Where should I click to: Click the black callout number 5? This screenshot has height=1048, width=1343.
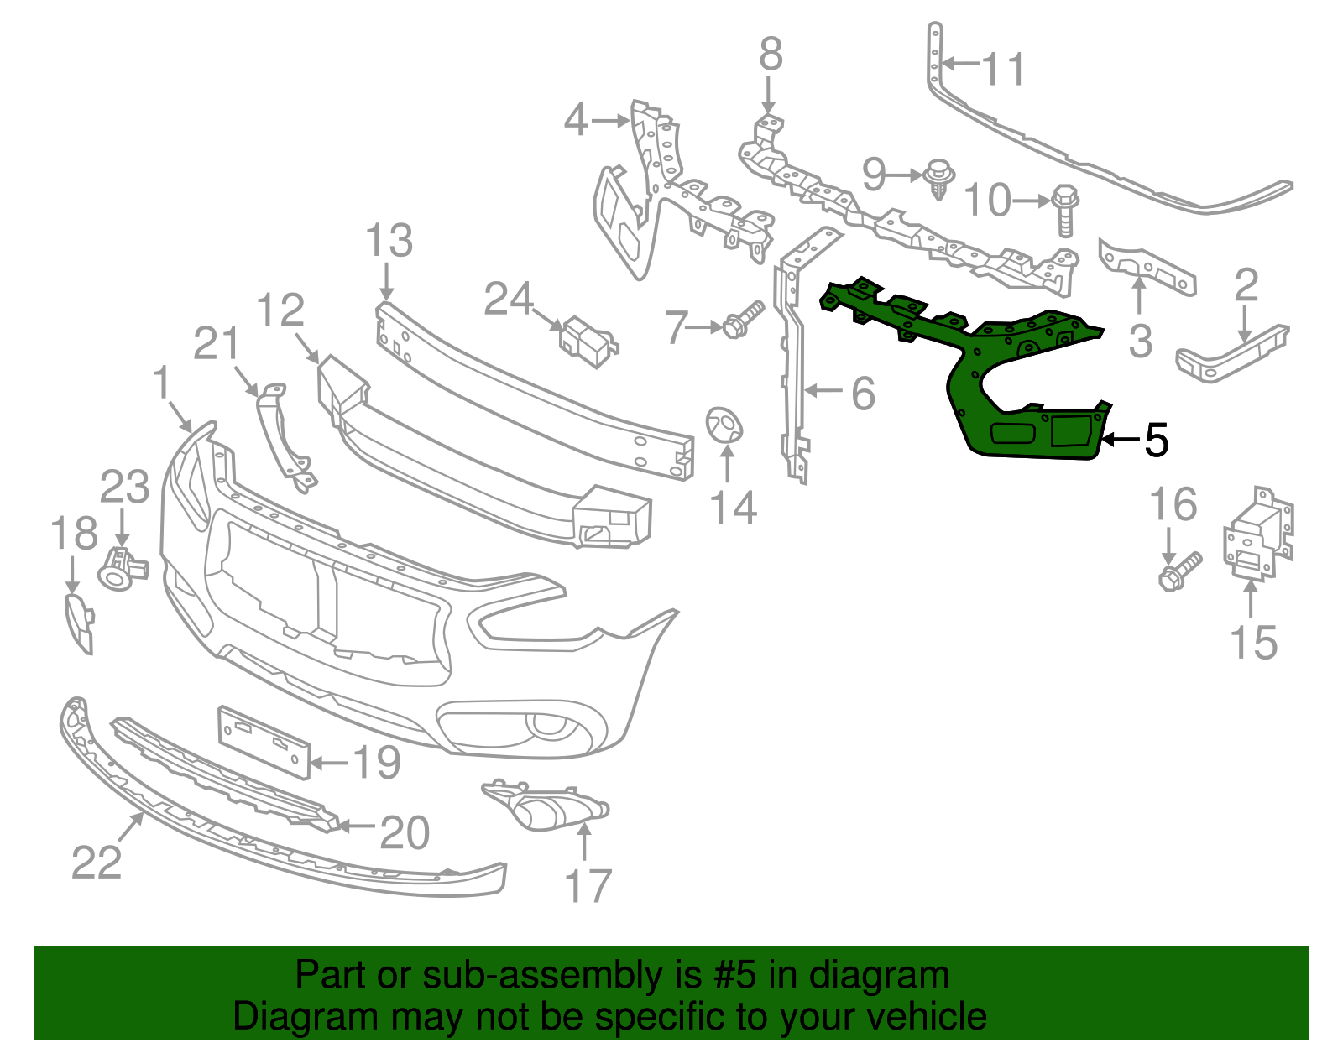click(x=1157, y=440)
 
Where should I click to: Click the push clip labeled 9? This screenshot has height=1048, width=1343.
click(x=938, y=178)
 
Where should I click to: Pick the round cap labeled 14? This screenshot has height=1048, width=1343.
click(x=724, y=424)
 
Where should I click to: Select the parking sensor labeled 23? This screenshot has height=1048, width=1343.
click(x=120, y=568)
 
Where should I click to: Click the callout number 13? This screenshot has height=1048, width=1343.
click(x=389, y=241)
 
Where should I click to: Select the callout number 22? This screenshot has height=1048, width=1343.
click(x=97, y=862)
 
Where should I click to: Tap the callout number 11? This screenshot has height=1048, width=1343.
click(x=1004, y=69)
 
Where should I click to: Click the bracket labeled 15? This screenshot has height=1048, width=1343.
click(x=1257, y=534)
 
